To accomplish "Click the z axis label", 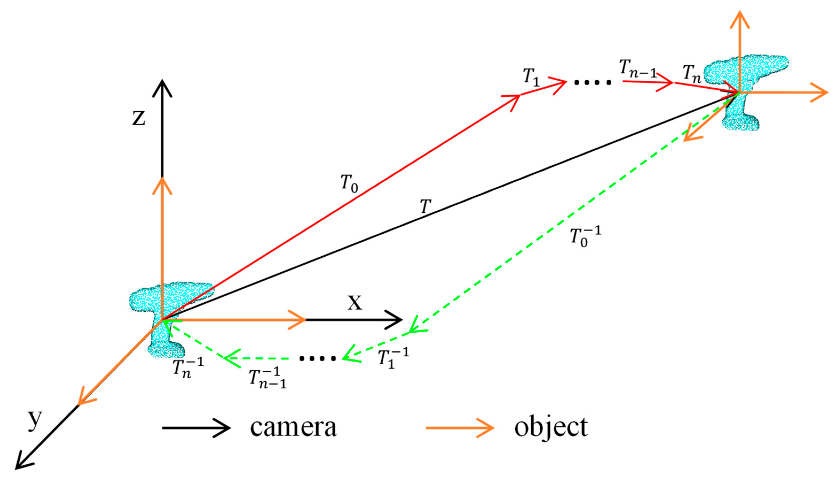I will click(138, 118).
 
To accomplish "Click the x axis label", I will click(355, 303).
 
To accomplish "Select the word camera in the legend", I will click(293, 428).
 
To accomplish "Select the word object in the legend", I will click(551, 428).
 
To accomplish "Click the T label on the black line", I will click(425, 207).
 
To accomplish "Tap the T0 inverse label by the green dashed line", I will click(585, 236).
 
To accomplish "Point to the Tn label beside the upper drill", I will click(692, 74).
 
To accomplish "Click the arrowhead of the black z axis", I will click(162, 87).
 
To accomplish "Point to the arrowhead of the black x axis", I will click(395, 319).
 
